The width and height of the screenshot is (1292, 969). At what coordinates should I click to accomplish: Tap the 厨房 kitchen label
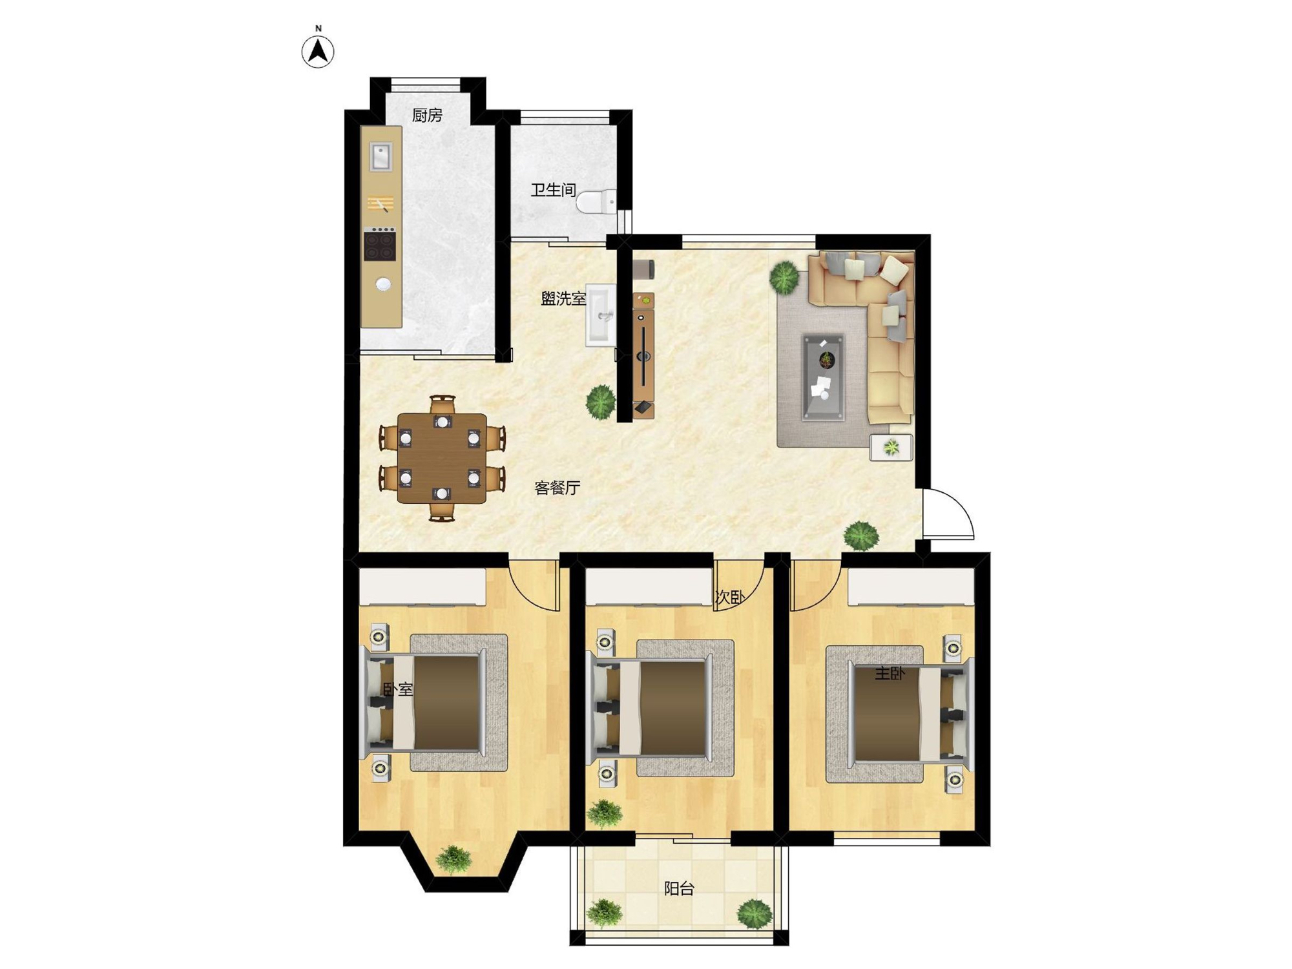(427, 115)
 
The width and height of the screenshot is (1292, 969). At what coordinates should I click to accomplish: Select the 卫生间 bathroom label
(553, 190)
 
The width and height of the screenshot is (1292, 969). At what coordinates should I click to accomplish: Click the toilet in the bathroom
(596, 202)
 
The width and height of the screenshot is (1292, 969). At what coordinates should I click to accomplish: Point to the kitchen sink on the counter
(380, 157)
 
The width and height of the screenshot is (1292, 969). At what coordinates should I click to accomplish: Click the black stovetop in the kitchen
(380, 244)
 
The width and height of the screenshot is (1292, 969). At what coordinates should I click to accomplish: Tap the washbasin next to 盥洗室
(601, 316)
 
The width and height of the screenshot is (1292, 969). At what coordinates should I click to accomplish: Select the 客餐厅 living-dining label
(557, 488)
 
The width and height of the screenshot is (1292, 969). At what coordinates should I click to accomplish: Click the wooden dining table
(442, 458)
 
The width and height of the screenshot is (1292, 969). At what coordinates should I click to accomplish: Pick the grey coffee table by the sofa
(823, 377)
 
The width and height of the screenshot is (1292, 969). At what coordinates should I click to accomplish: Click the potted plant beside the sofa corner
(785, 277)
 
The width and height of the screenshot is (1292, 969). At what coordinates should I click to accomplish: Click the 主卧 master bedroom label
(890, 674)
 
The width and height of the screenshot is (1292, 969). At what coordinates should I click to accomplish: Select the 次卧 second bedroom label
(730, 598)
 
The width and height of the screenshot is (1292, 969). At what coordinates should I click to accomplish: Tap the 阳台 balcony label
(679, 889)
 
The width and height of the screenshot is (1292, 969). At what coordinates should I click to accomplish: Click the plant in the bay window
(454, 860)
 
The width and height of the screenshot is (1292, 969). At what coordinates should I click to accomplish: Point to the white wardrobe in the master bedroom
(911, 587)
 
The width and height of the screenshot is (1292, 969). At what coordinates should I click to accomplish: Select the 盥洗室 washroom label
(563, 299)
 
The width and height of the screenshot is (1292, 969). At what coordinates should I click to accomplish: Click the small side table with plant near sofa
(891, 447)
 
